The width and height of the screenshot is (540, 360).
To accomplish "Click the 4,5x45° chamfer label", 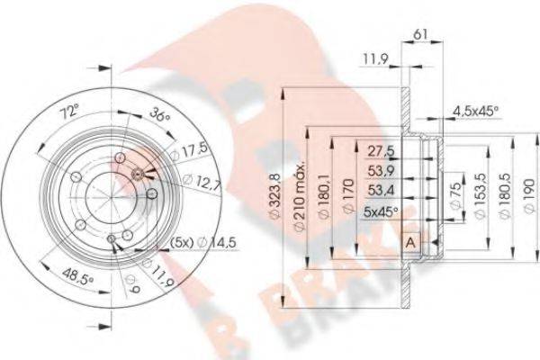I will coord(474,112).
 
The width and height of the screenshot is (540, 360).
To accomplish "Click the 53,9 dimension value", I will coord(381,171).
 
